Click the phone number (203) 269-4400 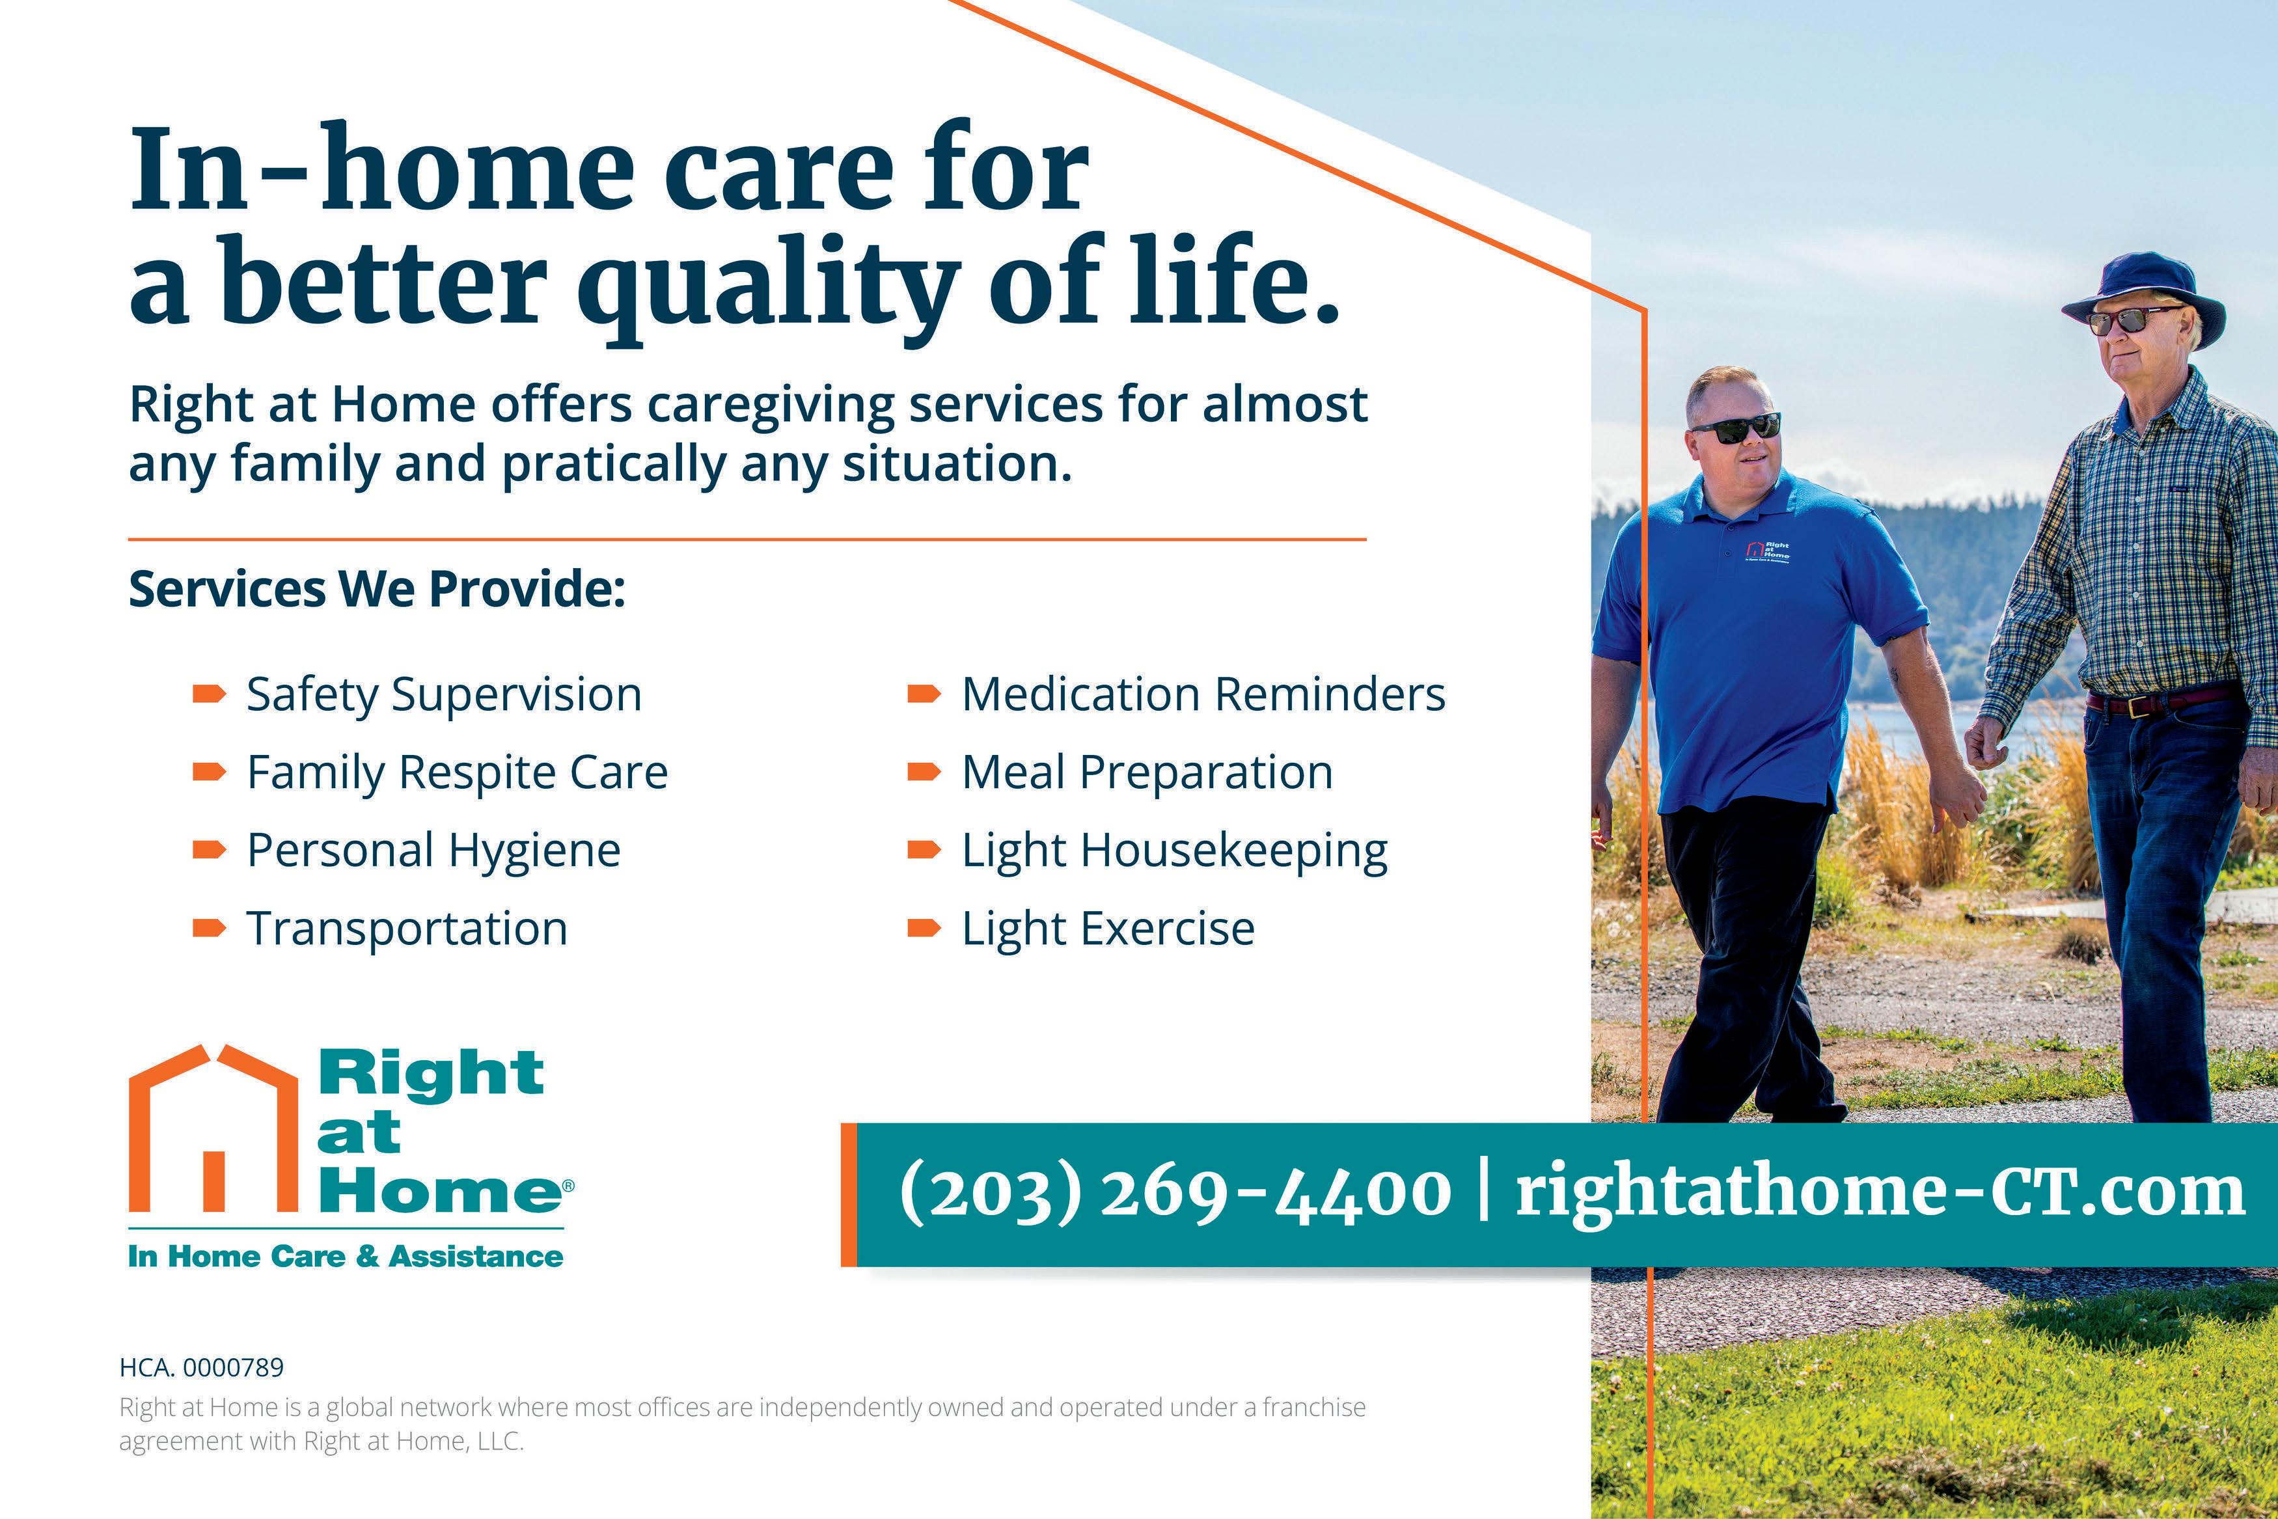tap(1175, 1194)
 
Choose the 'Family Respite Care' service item tap(457, 774)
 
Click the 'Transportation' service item tap(407, 929)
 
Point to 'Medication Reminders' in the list tap(1203, 694)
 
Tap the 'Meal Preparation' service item tap(1147, 774)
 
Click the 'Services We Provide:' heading tap(377, 589)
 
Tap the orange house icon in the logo tap(213, 1129)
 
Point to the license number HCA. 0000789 tap(202, 1368)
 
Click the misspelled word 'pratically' tap(613, 465)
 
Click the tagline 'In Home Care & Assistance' tap(346, 1257)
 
